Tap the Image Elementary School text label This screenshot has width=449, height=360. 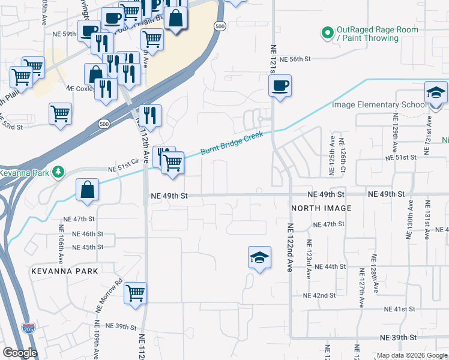click(379, 105)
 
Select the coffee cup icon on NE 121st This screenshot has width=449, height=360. click(280, 86)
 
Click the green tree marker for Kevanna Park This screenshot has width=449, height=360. click(58, 172)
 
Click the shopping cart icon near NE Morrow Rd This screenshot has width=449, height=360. click(136, 293)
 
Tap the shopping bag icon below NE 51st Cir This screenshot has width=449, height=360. click(87, 190)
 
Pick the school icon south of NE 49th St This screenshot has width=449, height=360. click(259, 258)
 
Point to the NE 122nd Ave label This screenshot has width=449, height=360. click(290, 248)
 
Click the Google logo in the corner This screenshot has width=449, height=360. click(20, 353)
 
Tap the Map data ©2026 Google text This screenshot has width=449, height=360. click(412, 355)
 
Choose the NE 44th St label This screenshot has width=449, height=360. click(330, 266)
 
